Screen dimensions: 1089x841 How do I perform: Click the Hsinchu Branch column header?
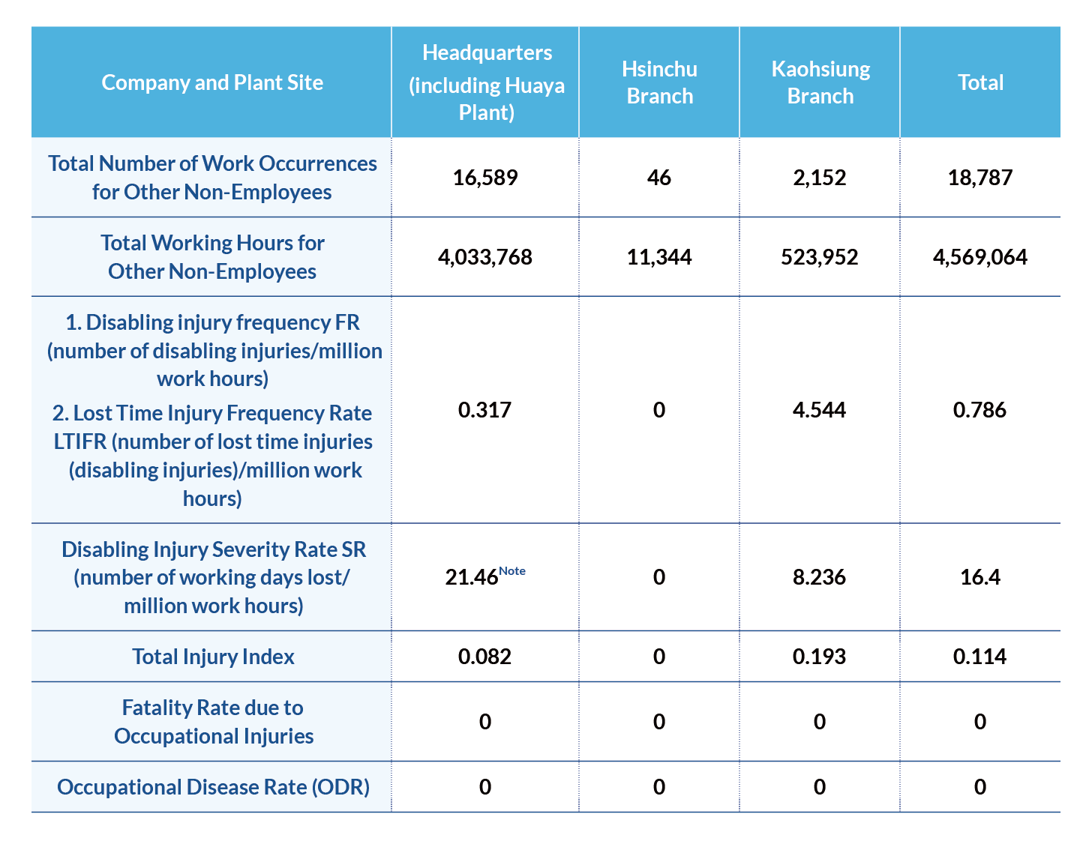(659, 82)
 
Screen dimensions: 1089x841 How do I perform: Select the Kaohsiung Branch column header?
(820, 82)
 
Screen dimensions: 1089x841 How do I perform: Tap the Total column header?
(979, 82)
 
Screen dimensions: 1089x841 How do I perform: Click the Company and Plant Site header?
(212, 82)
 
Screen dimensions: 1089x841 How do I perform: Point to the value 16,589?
(484, 178)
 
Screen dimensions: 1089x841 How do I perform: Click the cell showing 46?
(658, 178)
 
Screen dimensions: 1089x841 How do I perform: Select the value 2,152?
(819, 178)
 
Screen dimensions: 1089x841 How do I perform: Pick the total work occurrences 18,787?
(979, 178)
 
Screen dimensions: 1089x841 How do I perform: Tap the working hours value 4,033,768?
(484, 257)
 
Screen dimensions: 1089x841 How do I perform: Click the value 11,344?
(658, 257)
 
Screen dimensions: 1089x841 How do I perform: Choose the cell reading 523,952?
(819, 257)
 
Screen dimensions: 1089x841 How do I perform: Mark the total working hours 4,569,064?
(979, 257)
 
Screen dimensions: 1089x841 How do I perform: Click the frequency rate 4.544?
(819, 410)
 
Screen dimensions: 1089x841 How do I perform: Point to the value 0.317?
(484, 410)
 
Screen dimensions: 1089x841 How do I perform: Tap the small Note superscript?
(511, 571)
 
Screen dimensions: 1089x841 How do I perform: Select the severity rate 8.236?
(819, 577)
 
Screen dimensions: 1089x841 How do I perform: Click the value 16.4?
(979, 577)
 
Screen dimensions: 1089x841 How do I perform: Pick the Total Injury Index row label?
(213, 657)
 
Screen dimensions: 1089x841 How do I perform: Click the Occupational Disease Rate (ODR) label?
(213, 787)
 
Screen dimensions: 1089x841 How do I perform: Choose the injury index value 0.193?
(819, 657)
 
